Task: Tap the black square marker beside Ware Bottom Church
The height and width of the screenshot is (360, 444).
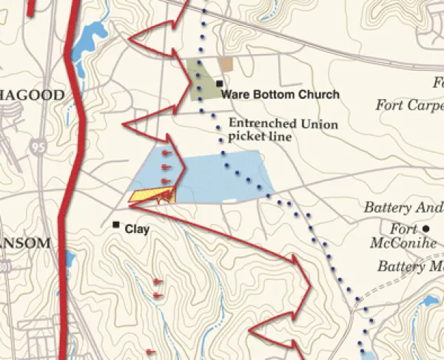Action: (x=220, y=84)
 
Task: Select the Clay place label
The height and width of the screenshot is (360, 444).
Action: (x=137, y=229)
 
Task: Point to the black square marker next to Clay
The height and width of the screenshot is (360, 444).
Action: (x=116, y=225)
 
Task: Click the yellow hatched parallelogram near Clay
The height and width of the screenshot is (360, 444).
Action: (x=152, y=196)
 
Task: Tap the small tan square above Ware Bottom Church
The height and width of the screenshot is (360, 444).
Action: (x=226, y=64)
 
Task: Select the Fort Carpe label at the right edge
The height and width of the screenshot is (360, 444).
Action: (x=409, y=105)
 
